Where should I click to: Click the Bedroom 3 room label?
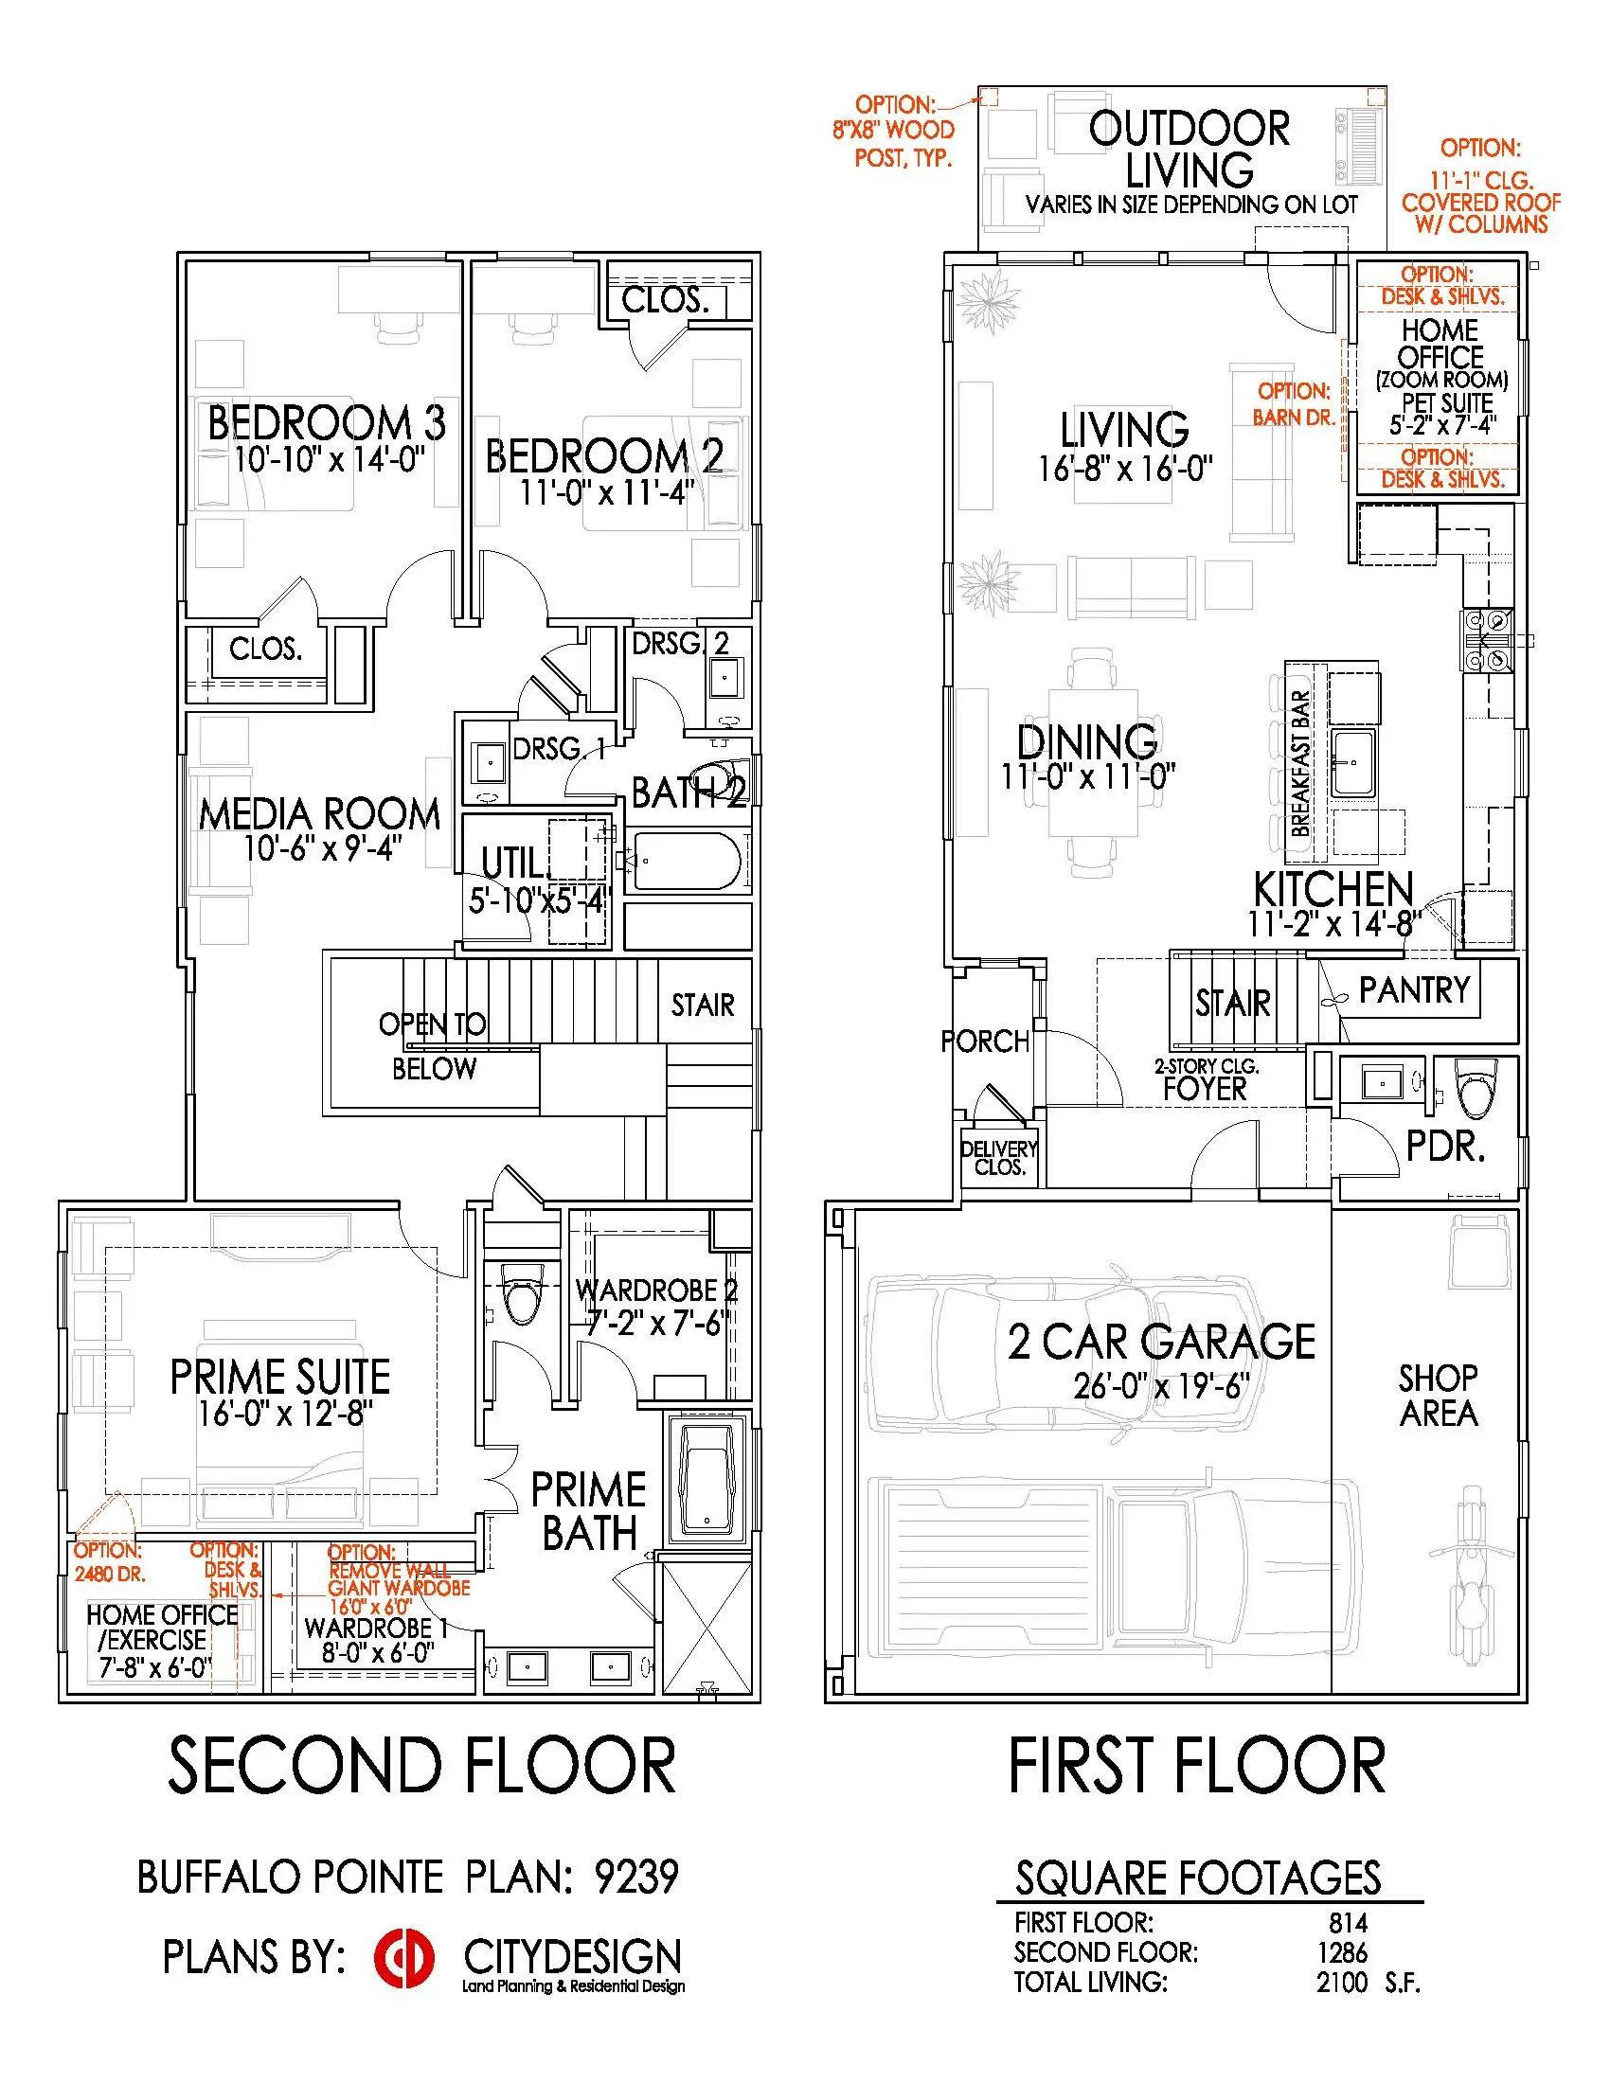coord(326,422)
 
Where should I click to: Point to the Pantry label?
coord(1414,990)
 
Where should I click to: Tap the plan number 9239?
coord(636,1877)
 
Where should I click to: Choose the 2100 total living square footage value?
coord(1342,1983)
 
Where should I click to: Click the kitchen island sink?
coord(1352,763)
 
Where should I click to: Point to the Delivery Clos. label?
coord(998,1158)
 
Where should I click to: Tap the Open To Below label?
coord(433,1045)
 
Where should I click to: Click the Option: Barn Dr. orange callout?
coord(1294,403)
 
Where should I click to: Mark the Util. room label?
coord(516,864)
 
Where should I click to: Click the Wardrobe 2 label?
coord(656,1291)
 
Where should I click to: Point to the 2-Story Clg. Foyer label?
coord(1206,1080)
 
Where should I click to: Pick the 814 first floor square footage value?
coord(1348,1922)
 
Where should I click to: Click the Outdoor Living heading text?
coord(1190,149)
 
